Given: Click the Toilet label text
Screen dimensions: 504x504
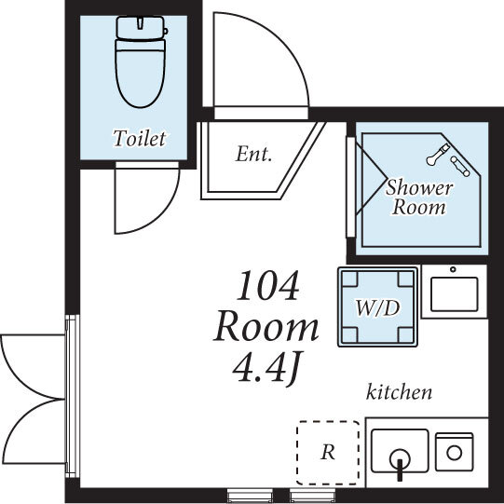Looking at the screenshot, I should [139, 139].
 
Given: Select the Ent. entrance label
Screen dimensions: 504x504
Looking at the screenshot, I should [253, 155].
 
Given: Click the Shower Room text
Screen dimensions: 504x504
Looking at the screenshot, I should [418, 198].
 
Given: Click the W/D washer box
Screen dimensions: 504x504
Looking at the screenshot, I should [377, 306].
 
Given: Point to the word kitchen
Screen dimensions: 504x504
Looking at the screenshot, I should [399, 392].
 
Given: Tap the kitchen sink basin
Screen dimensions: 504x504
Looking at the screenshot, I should [400, 451].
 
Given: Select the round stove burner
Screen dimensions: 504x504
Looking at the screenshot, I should [455, 452].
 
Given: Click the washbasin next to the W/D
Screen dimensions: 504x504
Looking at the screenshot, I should [453, 292].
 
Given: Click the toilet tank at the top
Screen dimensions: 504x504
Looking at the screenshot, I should [141, 28].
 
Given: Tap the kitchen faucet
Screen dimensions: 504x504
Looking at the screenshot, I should [400, 463].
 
